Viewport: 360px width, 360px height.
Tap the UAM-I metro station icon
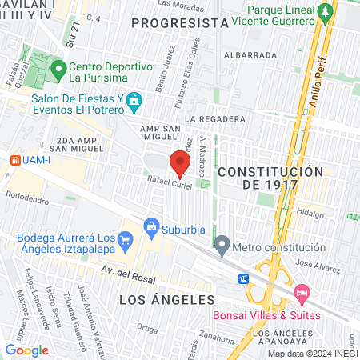(14, 159)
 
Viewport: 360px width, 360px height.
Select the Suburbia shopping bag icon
(150, 228)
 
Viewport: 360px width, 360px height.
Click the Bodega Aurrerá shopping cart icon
(125, 239)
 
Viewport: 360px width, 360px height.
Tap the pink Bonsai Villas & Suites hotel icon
(302, 294)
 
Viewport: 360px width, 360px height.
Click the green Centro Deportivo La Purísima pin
(58, 70)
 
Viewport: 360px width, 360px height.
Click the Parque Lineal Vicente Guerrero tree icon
(325, 12)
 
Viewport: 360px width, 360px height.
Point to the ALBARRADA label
(250, 55)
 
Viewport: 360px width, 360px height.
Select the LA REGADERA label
(214, 119)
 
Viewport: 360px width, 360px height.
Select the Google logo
(26, 350)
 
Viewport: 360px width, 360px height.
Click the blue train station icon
(243, 278)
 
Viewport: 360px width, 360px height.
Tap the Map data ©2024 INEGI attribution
(312, 354)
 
